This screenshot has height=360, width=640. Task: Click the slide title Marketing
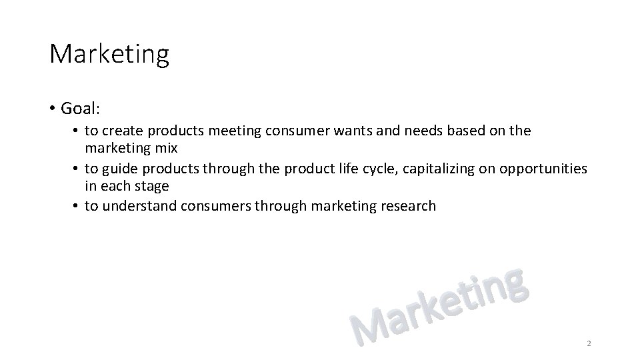pos(109,54)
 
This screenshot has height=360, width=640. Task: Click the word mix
pos(167,149)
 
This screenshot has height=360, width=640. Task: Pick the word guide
pos(120,168)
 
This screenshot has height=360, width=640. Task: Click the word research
pos(408,206)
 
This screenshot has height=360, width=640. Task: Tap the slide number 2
pos(589,343)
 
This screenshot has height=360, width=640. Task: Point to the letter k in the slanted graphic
pos(433,312)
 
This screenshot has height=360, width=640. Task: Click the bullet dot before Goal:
pos(51,109)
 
